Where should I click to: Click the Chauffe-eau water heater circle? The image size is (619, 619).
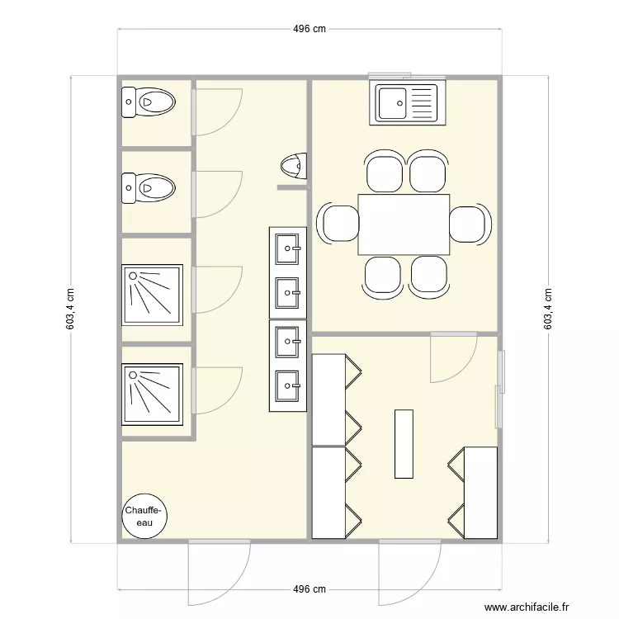click(x=145, y=517)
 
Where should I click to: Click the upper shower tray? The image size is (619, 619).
click(x=152, y=295)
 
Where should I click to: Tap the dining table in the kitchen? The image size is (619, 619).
click(x=404, y=224)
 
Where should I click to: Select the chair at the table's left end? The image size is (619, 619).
click(x=339, y=224)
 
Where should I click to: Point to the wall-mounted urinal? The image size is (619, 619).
click(x=293, y=167)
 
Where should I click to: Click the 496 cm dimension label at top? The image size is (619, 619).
click(x=309, y=29)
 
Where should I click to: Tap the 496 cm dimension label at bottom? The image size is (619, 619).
click(x=309, y=589)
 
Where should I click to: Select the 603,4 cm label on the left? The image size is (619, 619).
click(x=71, y=309)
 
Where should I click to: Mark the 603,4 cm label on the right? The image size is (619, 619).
click(x=548, y=309)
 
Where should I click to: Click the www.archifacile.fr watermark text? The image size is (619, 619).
click(x=527, y=607)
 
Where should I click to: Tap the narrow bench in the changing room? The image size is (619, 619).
click(x=404, y=443)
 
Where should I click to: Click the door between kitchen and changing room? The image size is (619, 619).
click(x=453, y=357)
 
